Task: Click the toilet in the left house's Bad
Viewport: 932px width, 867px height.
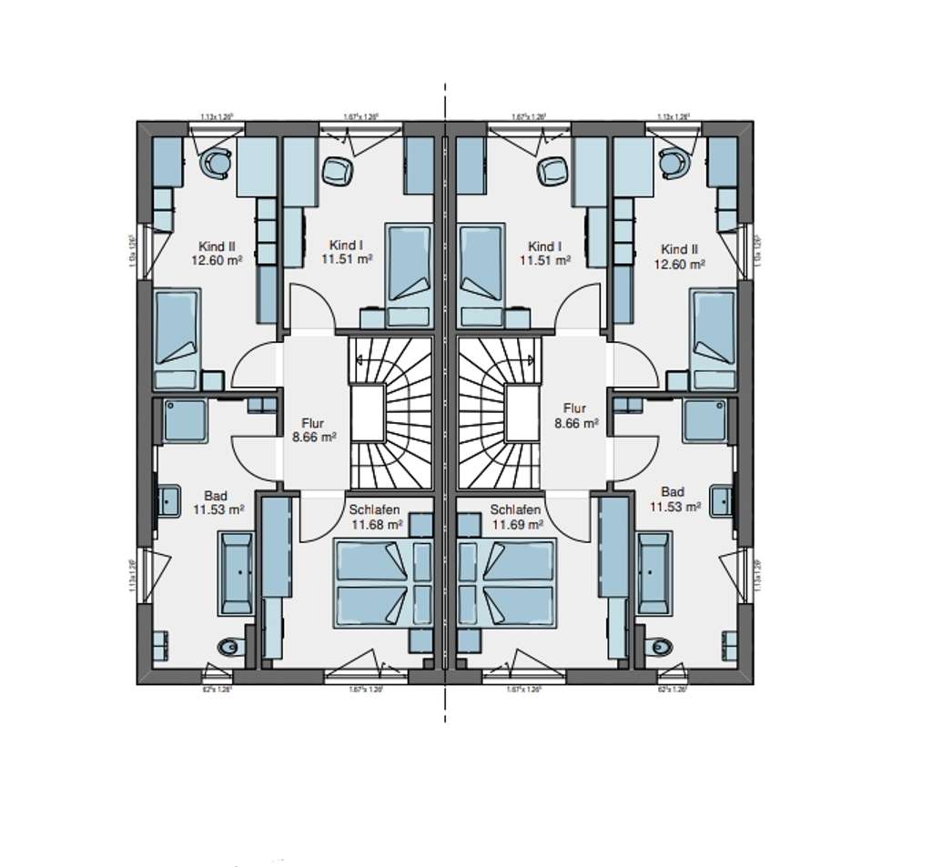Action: pos(228,647)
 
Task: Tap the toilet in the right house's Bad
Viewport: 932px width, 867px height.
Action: pos(662,647)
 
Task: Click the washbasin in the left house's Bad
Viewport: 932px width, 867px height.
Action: pos(168,499)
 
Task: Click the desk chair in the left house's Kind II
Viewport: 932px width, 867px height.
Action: pos(218,163)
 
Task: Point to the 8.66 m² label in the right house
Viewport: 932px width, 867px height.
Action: pos(576,423)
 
